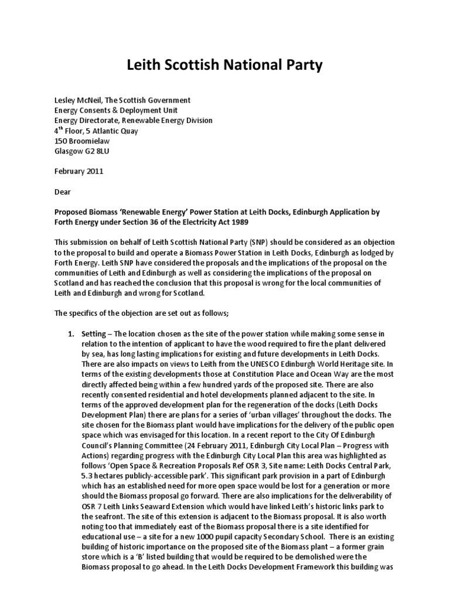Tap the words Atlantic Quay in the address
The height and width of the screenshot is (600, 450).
tap(116, 131)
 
